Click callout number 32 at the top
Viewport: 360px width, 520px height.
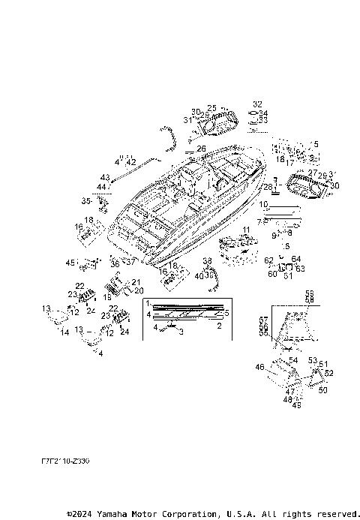pos(258,104)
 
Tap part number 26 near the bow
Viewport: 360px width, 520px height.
pos(201,149)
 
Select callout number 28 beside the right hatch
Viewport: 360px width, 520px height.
pos(268,186)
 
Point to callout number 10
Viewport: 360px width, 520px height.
pos(263,204)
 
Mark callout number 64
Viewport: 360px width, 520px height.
pos(295,259)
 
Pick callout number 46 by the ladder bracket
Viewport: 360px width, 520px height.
pos(260,367)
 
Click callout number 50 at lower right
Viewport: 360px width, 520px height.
pos(323,390)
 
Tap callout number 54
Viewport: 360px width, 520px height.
pos(293,361)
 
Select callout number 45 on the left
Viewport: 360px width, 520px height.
pos(70,263)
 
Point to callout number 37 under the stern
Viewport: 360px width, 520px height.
pos(131,263)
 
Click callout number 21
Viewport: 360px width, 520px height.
pos(136,282)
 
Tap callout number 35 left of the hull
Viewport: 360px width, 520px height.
pos(85,201)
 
